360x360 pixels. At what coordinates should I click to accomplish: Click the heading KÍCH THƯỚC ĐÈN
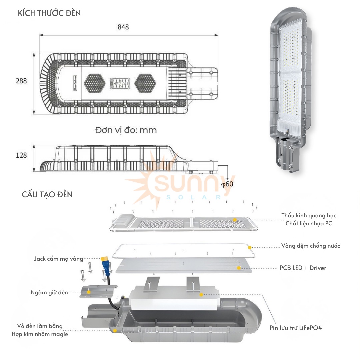[x=49, y=13]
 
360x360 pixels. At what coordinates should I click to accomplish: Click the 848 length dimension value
[x=123, y=27]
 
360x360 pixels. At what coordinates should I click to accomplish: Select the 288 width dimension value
[x=21, y=81]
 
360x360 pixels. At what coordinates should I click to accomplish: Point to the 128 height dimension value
[x=21, y=155]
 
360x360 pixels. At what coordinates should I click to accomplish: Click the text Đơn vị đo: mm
[x=126, y=130]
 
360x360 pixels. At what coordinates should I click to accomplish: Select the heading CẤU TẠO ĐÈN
[x=47, y=194]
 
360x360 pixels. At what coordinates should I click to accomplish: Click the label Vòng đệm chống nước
[x=310, y=246]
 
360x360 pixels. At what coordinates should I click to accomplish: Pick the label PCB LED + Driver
[x=303, y=268]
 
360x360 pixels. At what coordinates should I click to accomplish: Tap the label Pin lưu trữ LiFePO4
[x=296, y=328]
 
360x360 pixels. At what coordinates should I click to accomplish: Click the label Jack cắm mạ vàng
[x=59, y=258]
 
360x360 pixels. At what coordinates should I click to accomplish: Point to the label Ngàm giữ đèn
[x=49, y=292]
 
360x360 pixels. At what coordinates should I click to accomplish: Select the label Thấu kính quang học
[x=309, y=215]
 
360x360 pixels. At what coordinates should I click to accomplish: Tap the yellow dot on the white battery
[x=201, y=295]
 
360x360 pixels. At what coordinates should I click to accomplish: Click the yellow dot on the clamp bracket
[x=89, y=292]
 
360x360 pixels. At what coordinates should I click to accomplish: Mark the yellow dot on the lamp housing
[x=115, y=331]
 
